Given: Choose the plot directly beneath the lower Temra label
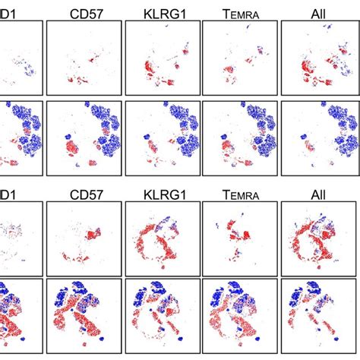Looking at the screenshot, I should coord(240,238).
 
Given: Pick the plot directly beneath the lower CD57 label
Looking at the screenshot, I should coord(84,238).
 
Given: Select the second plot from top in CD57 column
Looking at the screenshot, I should coord(84,137).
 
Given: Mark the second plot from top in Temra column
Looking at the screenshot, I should coord(240,137).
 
